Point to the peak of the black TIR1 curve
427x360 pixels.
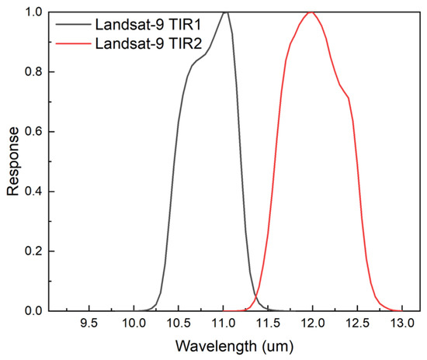[225, 12]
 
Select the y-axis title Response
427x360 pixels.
[13, 161]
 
